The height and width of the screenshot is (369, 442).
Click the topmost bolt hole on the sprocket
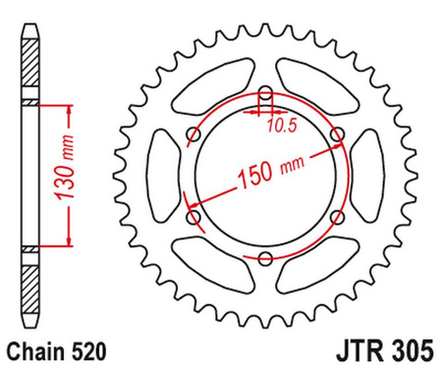(265, 94)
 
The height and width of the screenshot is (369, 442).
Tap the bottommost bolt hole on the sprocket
(265, 257)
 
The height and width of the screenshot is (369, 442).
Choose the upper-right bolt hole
(337, 135)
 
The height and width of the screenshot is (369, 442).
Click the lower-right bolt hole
(337, 217)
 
